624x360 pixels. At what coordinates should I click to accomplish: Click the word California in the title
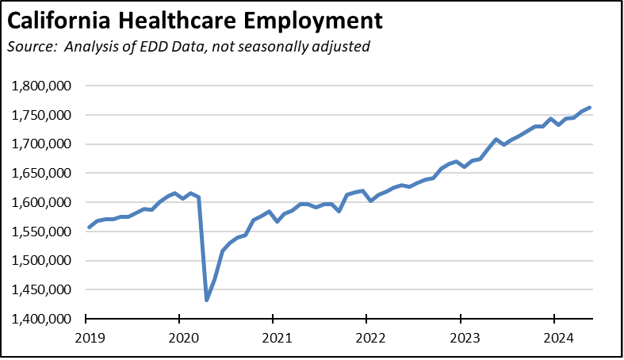[x=59, y=18]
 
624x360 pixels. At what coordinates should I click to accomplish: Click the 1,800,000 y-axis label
[x=44, y=86]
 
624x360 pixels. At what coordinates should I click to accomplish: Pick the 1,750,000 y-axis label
[x=44, y=115]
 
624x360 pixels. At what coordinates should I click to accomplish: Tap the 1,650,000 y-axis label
[x=44, y=173]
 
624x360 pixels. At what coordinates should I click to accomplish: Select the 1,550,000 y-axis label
[x=44, y=232]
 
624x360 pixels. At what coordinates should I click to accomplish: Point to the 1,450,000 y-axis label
[x=44, y=289]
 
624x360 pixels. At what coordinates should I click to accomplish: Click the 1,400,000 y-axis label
[x=44, y=319]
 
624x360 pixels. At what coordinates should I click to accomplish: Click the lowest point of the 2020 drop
[x=206, y=300]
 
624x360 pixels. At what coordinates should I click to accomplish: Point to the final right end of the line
[x=590, y=108]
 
